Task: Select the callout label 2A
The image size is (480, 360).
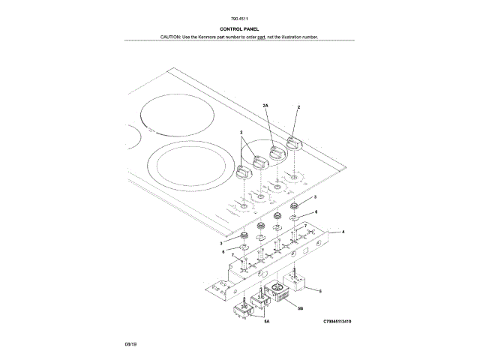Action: [265, 105]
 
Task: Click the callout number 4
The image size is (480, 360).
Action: [343, 232]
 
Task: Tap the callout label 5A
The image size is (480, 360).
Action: [266, 321]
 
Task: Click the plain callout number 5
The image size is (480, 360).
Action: [321, 290]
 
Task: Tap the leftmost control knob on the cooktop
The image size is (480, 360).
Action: [242, 172]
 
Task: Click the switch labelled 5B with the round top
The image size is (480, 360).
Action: [281, 291]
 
